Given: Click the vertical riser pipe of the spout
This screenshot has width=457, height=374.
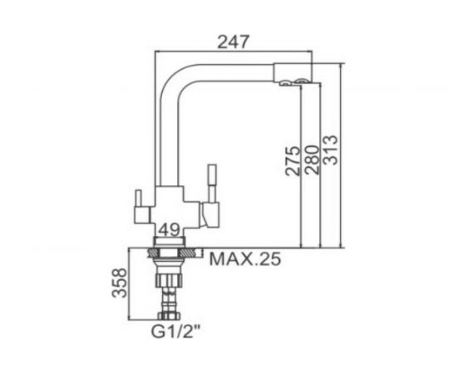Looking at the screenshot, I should coord(171,133).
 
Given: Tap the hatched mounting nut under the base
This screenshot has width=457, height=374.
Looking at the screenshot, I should coord(170,250).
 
